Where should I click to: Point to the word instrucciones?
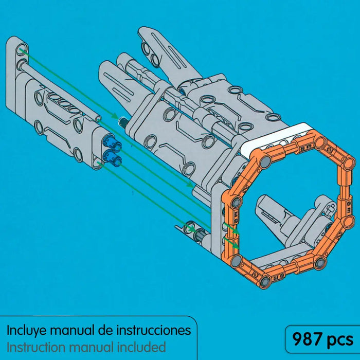pyautogui.click(x=154, y=330)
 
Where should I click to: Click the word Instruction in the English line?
pyautogui.click(x=37, y=347)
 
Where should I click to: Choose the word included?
pyautogui.click(x=141, y=347)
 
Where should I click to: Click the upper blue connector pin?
pyautogui.click(x=112, y=143)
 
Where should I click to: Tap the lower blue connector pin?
pyautogui.click(x=112, y=158)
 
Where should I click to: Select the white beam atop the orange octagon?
pyautogui.click(x=276, y=138)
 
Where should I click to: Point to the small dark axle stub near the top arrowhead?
pyautogui.click(x=123, y=121)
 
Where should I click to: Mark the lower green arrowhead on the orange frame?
pyautogui.click(x=236, y=246)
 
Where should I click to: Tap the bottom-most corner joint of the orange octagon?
pyautogui.click(x=265, y=281)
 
